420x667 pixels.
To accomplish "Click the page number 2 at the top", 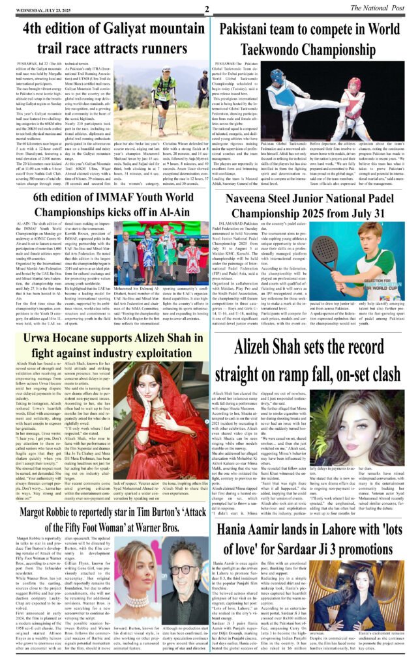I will (206, 9).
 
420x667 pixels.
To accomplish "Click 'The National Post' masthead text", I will (387, 7).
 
